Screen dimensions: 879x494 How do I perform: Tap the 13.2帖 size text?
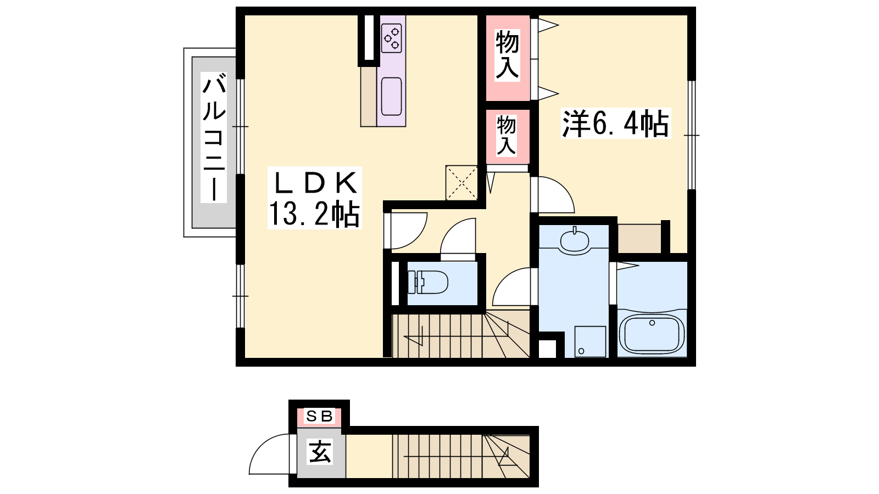pyautogui.click(x=314, y=214)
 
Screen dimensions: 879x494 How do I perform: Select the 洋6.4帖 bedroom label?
pyautogui.click(x=616, y=123)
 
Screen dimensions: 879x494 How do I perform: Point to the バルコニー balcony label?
pyautogui.click(x=214, y=138)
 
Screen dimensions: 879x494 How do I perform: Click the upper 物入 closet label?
pyautogui.click(x=508, y=55)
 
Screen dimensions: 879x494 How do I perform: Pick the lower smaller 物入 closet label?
pyautogui.click(x=506, y=136)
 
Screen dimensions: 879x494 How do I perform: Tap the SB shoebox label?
pyautogui.click(x=319, y=416)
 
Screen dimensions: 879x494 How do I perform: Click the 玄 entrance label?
pyautogui.click(x=320, y=452)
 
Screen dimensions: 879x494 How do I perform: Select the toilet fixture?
pyautogui.click(x=428, y=282)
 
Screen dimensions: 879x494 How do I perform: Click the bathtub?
pyautogui.click(x=652, y=334)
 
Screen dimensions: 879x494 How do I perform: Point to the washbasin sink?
pyautogui.click(x=575, y=240)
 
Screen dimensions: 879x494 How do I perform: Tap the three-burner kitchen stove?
pyautogui.click(x=391, y=38)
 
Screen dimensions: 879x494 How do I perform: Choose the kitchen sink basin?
pyautogui.click(x=391, y=96)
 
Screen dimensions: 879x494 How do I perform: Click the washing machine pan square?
pyautogui.click(x=590, y=341)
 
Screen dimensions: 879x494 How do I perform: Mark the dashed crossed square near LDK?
pyautogui.click(x=461, y=183)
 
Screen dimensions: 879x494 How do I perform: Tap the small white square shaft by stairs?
pyautogui.click(x=547, y=349)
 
